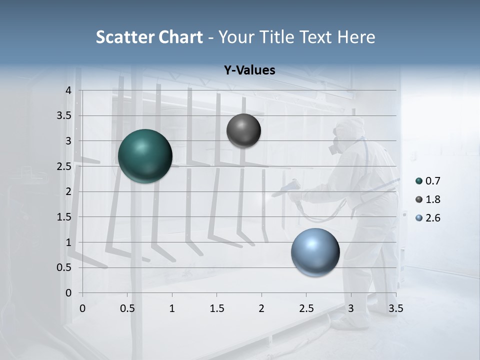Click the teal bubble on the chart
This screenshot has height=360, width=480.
(x=145, y=156)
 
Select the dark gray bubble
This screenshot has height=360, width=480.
(x=243, y=130)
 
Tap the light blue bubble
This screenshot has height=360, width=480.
(x=315, y=252)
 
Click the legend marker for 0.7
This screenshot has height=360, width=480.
(x=419, y=181)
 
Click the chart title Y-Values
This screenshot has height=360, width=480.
(x=249, y=70)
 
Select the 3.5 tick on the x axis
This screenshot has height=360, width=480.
(x=395, y=308)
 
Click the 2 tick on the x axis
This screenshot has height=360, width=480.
(x=261, y=308)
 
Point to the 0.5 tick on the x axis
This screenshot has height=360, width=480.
(x=127, y=308)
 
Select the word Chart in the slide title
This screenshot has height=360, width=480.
(x=180, y=37)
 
